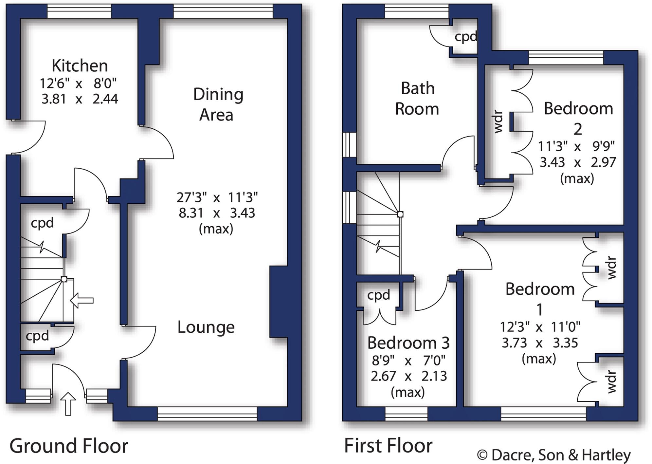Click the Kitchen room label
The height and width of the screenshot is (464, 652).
80,66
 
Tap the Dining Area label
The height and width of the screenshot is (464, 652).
218,104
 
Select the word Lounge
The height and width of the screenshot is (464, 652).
206,327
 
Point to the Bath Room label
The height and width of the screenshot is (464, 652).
417,99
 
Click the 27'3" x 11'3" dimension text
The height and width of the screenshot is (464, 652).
217,197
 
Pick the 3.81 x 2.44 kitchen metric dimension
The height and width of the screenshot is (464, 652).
80,99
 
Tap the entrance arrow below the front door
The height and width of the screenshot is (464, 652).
68,404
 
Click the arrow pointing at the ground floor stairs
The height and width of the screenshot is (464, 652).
82,300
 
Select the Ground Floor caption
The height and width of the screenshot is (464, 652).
69,446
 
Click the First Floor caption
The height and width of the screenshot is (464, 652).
388,446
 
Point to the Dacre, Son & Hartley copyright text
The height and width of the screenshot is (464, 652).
553,455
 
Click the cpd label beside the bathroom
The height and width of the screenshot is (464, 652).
465,37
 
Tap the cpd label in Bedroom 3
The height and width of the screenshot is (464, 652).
378,295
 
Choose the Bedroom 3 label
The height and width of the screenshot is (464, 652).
408,343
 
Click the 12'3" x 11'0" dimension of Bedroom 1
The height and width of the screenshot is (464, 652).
540,327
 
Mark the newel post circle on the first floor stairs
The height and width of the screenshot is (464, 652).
400,214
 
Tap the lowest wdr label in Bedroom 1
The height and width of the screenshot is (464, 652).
611,381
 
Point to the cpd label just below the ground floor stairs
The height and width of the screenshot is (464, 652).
37,336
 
